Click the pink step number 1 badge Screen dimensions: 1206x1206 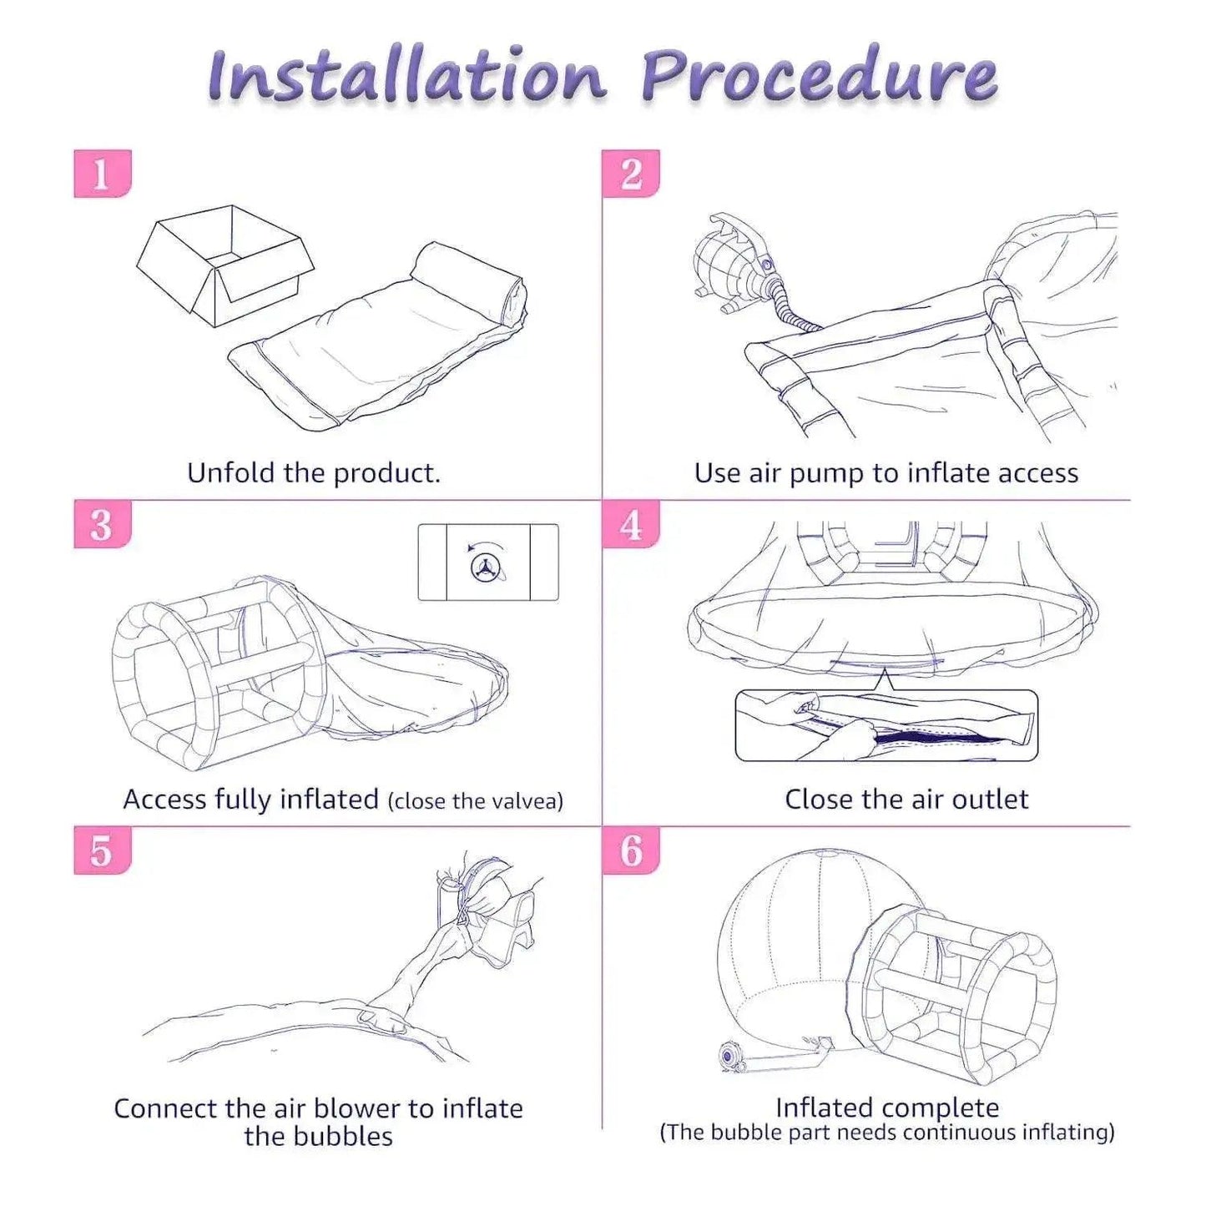click(103, 174)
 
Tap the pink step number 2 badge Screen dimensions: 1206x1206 click(630, 174)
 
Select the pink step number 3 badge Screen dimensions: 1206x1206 click(103, 524)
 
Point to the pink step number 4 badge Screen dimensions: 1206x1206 click(630, 524)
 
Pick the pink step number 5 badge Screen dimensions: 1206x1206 click(103, 850)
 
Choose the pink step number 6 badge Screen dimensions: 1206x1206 click(630, 850)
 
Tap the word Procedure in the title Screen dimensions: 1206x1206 click(820, 78)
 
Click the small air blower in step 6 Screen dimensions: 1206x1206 click(729, 1058)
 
